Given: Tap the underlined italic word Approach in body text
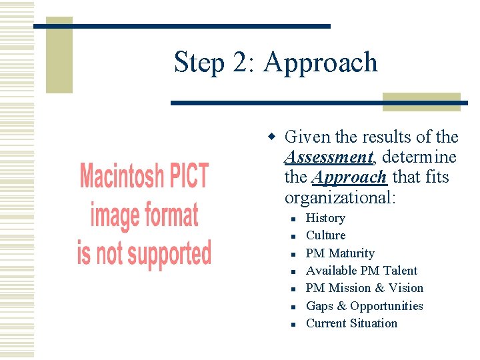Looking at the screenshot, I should pos(349,177).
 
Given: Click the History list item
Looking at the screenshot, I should pos(325,218).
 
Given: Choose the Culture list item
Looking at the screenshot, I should pos(325,235).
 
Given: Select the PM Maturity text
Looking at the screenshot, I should pos(340,253).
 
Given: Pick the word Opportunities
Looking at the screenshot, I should pos(387,306).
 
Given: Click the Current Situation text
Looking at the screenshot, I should pos(351,323).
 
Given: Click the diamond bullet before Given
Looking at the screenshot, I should pos(271,137).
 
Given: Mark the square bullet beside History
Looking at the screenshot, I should pos(293,219).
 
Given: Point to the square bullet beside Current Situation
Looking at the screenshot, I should pos(293,324).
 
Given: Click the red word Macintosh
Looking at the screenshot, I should pos(120,177).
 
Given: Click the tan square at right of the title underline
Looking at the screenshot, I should pos(422,101).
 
